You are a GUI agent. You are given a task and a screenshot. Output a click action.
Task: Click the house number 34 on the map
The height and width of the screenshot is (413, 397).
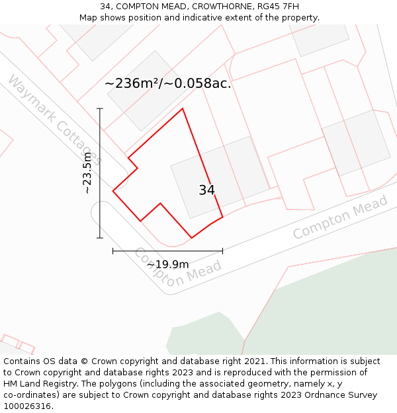coord(206,190)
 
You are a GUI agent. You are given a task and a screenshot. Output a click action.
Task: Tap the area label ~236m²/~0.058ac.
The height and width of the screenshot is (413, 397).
coord(168,84)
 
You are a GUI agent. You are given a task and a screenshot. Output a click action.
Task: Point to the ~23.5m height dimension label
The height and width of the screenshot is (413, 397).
coord(87,173)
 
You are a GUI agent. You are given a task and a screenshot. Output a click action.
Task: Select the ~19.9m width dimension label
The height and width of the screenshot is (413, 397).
coord(167,264)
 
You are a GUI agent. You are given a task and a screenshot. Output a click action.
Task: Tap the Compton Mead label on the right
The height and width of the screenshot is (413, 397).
coord(340,218)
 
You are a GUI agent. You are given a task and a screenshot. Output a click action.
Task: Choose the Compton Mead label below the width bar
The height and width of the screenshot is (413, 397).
coord(177,270)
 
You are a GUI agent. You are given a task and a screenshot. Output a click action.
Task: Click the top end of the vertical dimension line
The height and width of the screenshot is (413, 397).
coord(100,108)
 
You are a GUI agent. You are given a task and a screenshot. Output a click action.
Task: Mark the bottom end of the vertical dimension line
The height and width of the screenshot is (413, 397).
coord(100,238)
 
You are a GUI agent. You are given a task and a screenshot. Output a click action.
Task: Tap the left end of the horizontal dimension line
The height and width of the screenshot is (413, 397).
coord(113,250)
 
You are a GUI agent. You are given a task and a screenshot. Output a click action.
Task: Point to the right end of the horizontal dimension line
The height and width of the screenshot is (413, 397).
coord(222,250)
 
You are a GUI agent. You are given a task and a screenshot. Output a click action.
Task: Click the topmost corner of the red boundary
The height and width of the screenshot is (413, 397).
coord(183,108)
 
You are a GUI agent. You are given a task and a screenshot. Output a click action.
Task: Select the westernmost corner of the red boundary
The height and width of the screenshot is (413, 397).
coord(113,191)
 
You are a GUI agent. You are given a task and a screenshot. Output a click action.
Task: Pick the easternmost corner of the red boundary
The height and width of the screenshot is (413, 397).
coord(222,216)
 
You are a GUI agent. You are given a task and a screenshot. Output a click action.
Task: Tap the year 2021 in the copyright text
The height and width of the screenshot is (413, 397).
coord(253,361)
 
